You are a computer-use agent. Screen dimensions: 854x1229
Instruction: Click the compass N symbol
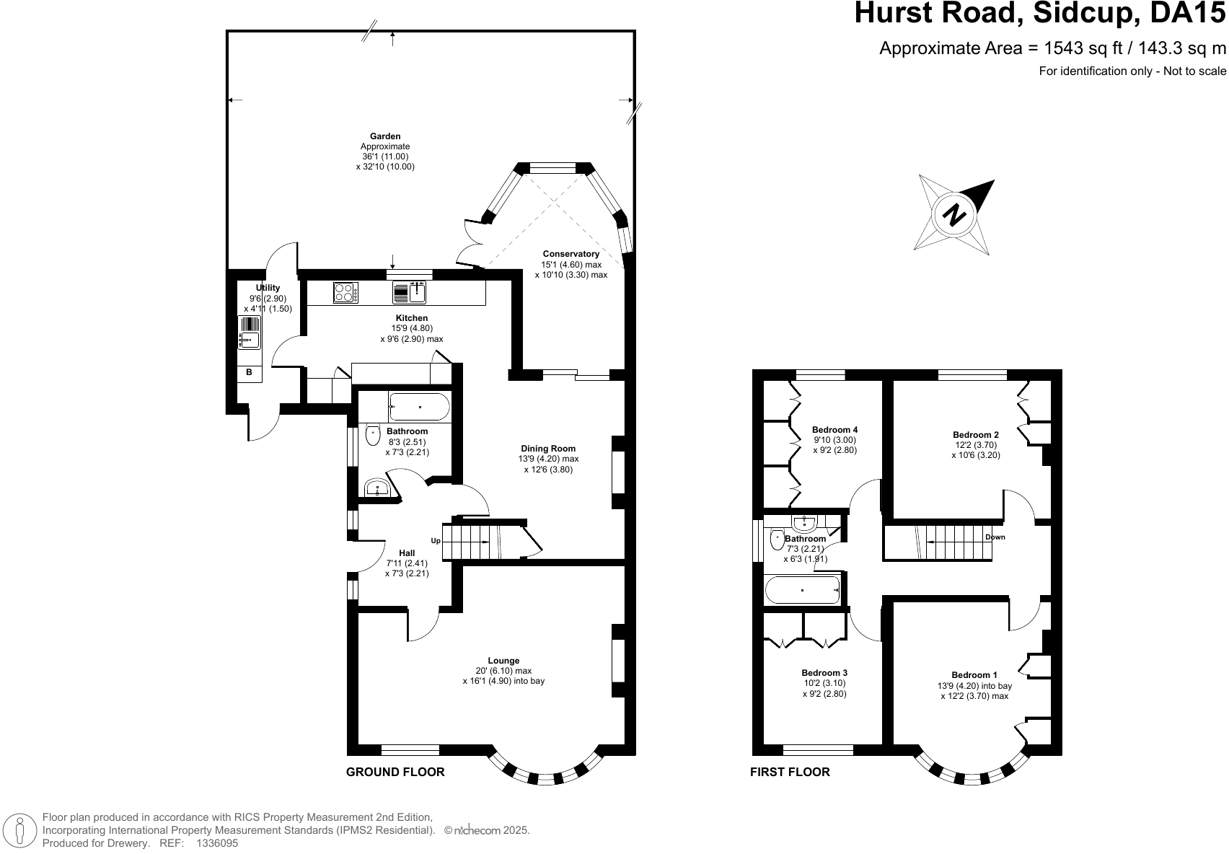[x=955, y=215]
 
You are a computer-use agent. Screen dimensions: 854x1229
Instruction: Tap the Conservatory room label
[x=571, y=254]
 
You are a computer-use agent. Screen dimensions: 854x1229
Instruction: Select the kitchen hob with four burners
[x=345, y=292]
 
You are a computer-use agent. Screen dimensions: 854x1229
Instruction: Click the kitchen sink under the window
[x=410, y=292]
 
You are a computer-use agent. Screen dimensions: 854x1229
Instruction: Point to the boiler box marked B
[x=250, y=373]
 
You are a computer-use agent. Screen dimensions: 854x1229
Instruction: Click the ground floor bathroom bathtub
[x=419, y=408]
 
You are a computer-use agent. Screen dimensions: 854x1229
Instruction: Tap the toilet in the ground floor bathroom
[x=373, y=436]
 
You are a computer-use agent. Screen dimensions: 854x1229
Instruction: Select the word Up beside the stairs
[x=436, y=541]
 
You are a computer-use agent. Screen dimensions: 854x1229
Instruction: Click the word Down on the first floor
[x=995, y=537]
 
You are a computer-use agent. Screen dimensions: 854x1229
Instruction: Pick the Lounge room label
[x=503, y=661]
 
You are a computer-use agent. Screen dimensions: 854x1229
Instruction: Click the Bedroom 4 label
[x=834, y=430]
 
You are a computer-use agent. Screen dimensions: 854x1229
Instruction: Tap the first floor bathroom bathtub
[x=803, y=589]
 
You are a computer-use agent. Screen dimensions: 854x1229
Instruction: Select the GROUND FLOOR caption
[x=395, y=772]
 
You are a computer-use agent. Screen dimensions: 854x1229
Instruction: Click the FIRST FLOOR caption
[x=790, y=772]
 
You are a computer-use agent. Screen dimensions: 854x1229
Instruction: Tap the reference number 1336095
[x=217, y=842]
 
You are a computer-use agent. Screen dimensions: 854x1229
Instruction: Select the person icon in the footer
[x=21, y=830]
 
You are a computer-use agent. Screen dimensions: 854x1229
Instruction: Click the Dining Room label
[x=548, y=449]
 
